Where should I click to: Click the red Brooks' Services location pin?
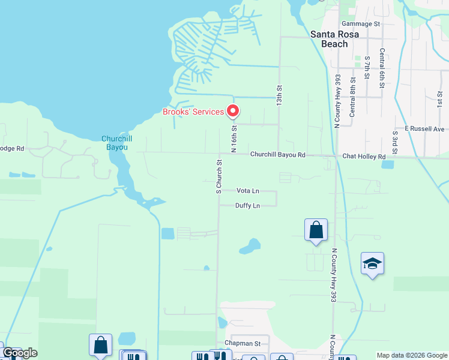(232, 110)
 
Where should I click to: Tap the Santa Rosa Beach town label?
(334, 39)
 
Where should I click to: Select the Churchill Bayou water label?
(116, 144)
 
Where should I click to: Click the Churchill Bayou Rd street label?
(278, 155)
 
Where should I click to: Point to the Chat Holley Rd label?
(364, 157)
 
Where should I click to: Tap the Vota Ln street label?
(248, 191)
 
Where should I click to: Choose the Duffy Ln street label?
(248, 206)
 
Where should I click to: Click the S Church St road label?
(219, 176)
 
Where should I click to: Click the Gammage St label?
(361, 24)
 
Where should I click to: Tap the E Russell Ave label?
(424, 128)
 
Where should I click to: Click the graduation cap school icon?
(372, 264)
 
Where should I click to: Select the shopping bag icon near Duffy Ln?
(316, 230)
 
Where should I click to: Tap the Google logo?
(20, 353)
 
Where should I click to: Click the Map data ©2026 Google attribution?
(412, 355)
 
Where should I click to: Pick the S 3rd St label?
(395, 143)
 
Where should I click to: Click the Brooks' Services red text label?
(192, 112)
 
